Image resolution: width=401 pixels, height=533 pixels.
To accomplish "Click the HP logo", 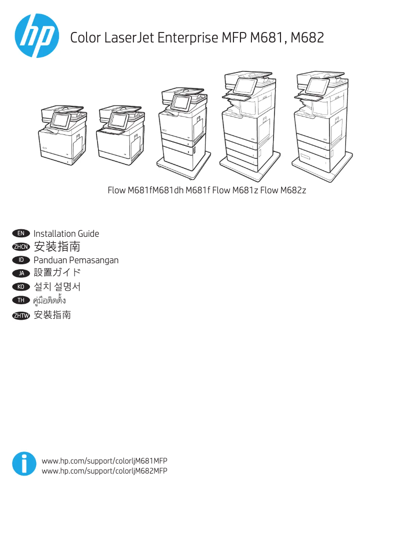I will tap(36, 35).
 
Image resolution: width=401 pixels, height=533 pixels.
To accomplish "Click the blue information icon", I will tap(24, 464).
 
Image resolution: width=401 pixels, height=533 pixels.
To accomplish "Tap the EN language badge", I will tap(21, 233).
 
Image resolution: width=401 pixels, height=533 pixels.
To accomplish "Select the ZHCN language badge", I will tap(21, 247).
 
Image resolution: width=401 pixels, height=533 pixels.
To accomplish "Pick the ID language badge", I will tap(21, 260).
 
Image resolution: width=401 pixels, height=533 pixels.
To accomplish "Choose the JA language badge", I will tap(21, 273).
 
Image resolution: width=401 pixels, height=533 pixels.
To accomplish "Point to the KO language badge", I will tap(21, 287).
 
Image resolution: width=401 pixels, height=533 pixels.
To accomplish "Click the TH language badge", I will tap(21, 300).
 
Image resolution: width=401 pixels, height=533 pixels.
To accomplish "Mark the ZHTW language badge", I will tap(21, 315).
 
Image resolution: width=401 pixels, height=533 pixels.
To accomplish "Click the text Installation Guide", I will tap(66, 234).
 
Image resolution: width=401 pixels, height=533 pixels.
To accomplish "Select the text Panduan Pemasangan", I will tap(76, 260).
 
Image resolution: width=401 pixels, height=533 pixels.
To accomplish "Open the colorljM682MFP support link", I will tap(104, 471).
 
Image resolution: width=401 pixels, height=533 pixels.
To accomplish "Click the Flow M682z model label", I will tap(283, 190).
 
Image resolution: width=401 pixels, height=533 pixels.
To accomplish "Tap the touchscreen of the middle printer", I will tap(181, 103).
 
